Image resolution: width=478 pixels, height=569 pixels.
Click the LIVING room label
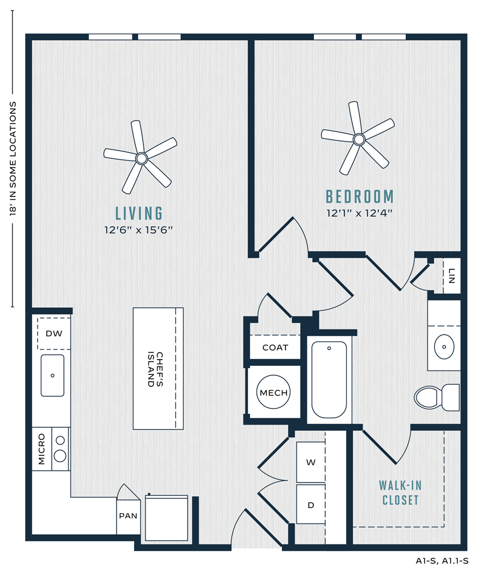pos(139,213)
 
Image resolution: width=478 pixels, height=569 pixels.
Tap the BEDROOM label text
pos(360,197)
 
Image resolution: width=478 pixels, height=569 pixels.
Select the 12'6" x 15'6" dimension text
pos(139,230)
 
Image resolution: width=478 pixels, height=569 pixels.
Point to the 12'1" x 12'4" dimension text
pos(360,213)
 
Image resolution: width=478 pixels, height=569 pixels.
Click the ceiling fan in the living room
pos(140,158)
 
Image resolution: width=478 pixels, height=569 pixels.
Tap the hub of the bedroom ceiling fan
pos(359,139)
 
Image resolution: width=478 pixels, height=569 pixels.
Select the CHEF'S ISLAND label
pos(156,369)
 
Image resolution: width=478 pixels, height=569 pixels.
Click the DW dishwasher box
pos(54,333)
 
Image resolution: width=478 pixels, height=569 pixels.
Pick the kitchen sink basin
pos(52,375)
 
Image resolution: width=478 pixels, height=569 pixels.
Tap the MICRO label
pos(41,449)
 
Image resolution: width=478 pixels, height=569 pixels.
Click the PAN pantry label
pos(128,516)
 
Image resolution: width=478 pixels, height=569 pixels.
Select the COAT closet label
pos(275,348)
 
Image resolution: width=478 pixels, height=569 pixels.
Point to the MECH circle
pos(273,392)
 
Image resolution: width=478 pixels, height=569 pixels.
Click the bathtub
pos(329,380)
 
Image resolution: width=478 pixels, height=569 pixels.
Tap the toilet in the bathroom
pos(437,397)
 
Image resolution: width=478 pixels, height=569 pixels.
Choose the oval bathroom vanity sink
pos(444,347)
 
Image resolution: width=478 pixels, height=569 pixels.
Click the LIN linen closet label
pos(451,276)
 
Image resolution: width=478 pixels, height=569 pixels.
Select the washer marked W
pos(310,462)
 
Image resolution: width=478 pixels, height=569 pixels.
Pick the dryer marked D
pos(310,504)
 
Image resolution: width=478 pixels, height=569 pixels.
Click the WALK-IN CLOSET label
pos(401,493)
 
